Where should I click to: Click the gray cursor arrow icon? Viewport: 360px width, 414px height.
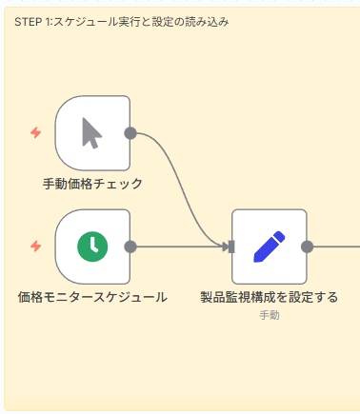point(91,133)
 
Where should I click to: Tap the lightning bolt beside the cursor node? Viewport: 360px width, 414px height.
point(36,132)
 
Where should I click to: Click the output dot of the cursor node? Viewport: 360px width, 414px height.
point(130,133)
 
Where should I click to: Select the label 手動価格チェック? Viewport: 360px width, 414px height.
point(92,183)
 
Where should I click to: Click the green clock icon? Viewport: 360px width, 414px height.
point(92,246)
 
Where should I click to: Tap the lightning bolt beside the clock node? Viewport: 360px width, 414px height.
point(36,246)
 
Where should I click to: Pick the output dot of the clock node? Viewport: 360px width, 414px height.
point(130,246)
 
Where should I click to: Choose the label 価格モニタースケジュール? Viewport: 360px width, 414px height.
point(92,297)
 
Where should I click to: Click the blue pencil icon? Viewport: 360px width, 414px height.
point(270,246)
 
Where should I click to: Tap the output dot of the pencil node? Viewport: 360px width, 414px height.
point(307,246)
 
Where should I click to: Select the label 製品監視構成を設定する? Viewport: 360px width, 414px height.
point(269,297)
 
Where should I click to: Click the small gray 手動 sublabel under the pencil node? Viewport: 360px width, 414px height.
point(269,314)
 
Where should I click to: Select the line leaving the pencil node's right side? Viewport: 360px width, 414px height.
point(335,246)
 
